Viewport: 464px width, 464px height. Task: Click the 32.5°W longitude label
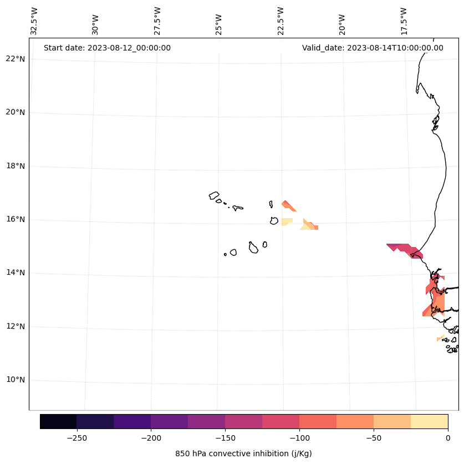[x=34, y=21]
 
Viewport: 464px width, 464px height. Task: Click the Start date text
[x=107, y=48]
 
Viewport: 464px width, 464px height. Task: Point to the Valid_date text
[x=373, y=48]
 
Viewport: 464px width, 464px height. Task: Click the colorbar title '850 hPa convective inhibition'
[x=243, y=453]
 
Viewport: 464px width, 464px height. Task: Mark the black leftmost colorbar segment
[x=58, y=422]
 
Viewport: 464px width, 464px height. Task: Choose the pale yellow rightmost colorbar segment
[x=429, y=422]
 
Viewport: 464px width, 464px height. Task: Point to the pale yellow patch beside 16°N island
[x=287, y=221]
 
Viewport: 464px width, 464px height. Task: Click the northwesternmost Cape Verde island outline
[x=214, y=195]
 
